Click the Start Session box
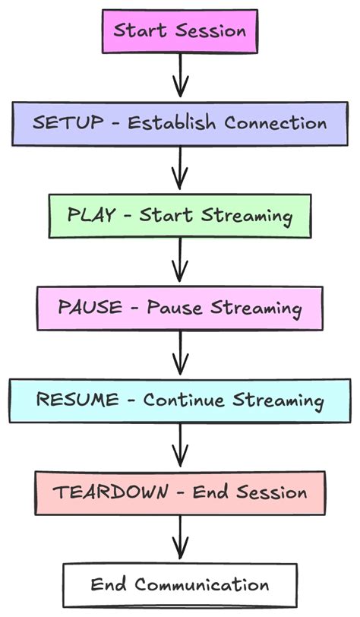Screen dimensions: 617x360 point(179,32)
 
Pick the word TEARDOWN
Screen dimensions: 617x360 point(111,492)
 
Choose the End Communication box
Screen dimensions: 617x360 point(179,584)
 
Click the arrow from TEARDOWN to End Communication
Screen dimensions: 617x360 point(180,538)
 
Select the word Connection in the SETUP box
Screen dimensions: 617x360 point(279,123)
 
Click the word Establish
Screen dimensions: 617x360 point(175,123)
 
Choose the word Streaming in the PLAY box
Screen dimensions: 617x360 point(247,216)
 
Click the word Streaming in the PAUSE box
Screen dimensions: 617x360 point(256,308)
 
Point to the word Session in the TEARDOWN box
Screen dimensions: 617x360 point(271,492)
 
